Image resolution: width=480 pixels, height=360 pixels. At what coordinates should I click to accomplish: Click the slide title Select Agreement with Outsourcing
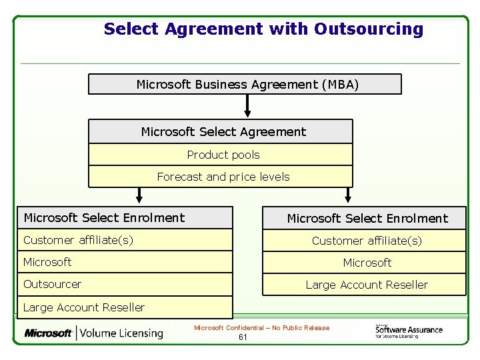(263, 29)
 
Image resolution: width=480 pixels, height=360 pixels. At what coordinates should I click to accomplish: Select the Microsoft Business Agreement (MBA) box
(245, 85)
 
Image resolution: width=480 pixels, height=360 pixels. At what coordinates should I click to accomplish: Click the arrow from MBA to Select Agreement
(247, 105)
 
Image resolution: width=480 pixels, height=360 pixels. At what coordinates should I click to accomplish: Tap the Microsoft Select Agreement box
(221, 132)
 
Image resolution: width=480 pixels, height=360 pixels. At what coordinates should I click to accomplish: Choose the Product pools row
(221, 155)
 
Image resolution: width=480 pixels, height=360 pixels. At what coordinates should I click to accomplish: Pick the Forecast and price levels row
(221, 177)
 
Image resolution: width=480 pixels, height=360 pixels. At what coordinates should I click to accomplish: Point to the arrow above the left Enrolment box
(139, 195)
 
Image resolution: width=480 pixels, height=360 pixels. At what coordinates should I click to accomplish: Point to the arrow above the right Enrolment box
(347, 195)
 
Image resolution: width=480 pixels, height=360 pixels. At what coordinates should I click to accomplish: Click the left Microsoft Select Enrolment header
(125, 218)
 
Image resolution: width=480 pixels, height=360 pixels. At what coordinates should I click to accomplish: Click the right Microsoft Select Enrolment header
(365, 219)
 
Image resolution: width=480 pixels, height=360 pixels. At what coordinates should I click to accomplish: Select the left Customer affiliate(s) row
(125, 240)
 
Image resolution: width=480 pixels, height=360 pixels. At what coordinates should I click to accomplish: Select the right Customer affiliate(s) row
(365, 241)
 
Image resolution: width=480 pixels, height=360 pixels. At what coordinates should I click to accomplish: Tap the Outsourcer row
(125, 284)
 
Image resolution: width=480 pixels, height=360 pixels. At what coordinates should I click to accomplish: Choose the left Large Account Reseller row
(125, 307)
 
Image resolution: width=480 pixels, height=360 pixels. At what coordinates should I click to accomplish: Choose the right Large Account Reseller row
(365, 285)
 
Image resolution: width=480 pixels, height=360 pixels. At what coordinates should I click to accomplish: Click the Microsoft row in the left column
(125, 262)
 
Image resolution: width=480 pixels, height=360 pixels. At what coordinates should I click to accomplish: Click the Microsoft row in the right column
(365, 263)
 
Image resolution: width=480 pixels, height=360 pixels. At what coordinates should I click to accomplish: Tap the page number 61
(243, 337)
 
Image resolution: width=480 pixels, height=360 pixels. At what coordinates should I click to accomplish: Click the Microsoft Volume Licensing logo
(94, 333)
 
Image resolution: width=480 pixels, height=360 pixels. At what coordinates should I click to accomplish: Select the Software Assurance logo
(408, 331)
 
